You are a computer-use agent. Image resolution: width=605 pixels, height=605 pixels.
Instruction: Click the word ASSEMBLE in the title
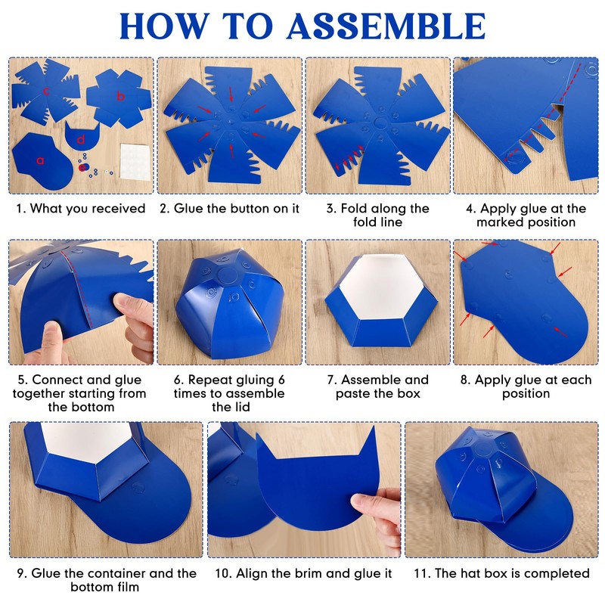[386, 26]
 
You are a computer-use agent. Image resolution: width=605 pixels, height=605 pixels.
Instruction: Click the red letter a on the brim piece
[40, 160]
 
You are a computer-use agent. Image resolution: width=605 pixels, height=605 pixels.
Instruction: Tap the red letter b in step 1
[121, 95]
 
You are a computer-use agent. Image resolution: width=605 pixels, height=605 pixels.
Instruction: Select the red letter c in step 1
[46, 92]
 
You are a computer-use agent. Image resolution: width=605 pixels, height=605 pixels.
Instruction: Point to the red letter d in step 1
[81, 139]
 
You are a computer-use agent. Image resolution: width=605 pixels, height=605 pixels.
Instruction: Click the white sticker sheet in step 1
[135, 162]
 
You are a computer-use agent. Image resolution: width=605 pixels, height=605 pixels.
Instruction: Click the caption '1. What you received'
[81, 209]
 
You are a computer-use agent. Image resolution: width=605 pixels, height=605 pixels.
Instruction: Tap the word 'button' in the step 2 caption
[250, 209]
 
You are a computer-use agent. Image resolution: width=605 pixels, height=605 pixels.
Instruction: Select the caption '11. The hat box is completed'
[501, 573]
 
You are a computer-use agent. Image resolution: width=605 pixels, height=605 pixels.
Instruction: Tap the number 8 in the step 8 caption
[464, 380]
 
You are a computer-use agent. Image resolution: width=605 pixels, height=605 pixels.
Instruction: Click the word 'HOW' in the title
[165, 26]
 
